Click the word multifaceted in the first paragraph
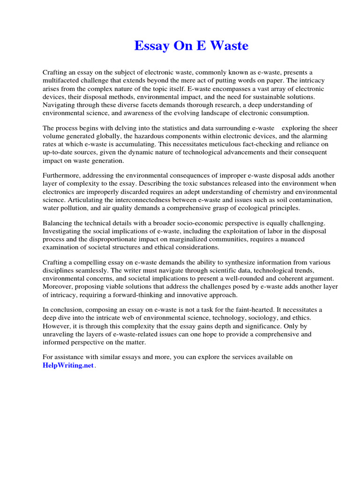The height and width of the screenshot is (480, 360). click(62, 81)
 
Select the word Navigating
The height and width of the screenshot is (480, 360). click(59, 105)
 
